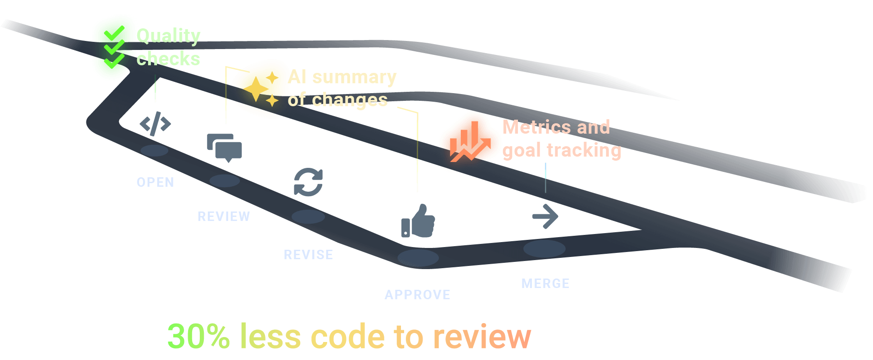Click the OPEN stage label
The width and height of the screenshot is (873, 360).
click(x=155, y=182)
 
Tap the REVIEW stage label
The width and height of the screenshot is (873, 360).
click(x=224, y=216)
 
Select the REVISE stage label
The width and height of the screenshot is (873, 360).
click(x=308, y=255)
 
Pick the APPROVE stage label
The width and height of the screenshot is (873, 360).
click(x=418, y=295)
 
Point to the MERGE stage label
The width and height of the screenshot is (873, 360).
click(x=545, y=283)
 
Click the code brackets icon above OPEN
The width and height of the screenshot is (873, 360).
click(x=155, y=123)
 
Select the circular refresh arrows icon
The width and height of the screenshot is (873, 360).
click(x=308, y=182)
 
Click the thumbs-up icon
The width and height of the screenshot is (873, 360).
click(x=418, y=221)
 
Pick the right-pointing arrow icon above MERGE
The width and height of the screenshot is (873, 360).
click(x=545, y=216)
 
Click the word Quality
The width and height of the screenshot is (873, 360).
click(x=168, y=36)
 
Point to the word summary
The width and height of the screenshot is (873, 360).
click(x=354, y=77)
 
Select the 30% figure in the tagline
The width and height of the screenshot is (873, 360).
click(x=198, y=337)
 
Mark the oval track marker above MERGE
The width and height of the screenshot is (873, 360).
click(x=544, y=248)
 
